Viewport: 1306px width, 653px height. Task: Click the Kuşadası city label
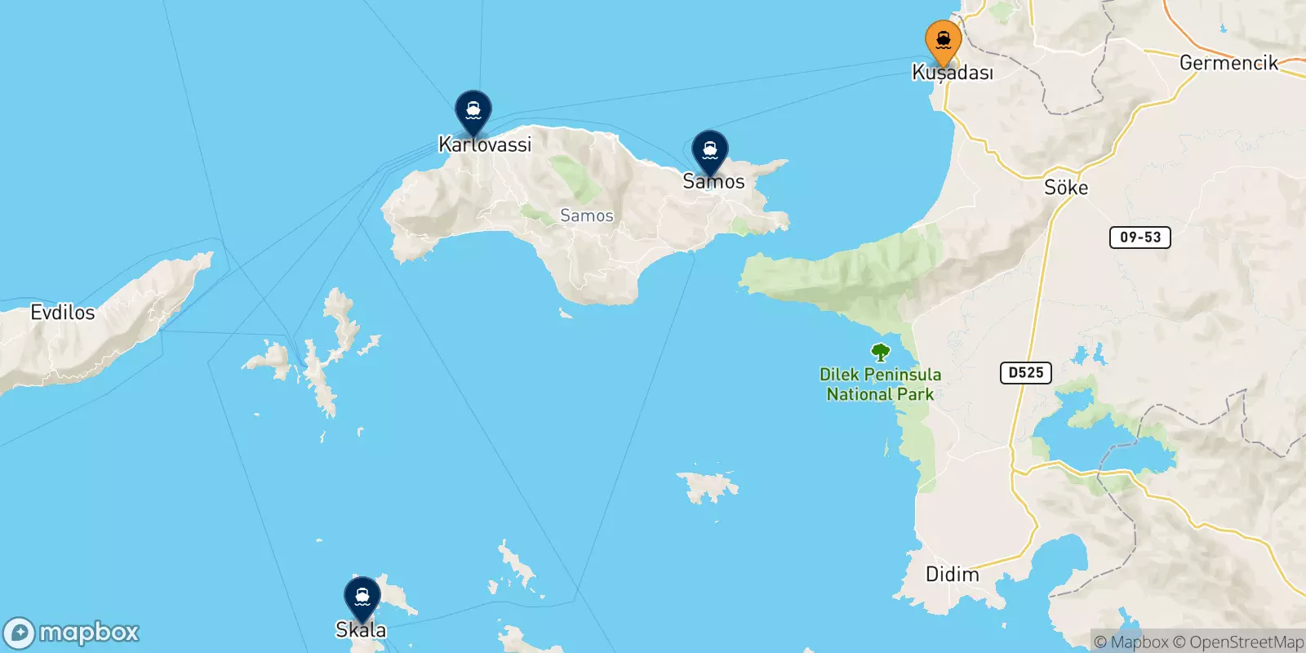953,73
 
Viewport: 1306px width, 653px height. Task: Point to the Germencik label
1228,63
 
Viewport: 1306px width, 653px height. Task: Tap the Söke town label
1066,188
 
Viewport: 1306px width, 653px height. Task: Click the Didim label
952,575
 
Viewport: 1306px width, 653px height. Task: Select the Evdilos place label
63,313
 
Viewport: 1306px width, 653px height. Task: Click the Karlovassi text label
485,145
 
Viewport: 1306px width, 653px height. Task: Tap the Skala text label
361,630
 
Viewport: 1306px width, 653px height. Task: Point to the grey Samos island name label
587,215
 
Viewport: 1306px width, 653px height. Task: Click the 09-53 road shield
1140,238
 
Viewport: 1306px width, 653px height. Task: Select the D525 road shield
1026,373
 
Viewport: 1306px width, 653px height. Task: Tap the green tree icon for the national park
880,353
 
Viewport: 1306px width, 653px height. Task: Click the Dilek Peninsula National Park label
880,384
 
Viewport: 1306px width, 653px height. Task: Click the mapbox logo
72,633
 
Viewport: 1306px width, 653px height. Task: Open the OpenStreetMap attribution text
1246,642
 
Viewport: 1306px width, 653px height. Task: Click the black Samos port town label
713,182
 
